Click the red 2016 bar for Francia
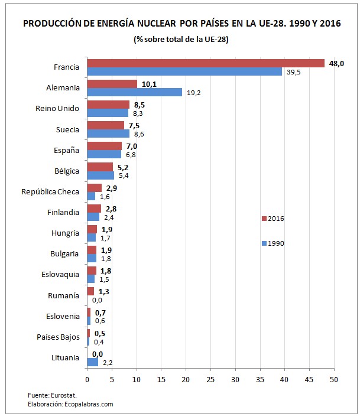(x=206, y=63)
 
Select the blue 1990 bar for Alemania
(x=134, y=92)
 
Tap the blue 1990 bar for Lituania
(x=92, y=362)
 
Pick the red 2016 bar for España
(x=104, y=146)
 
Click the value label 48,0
(x=337, y=63)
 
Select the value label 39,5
(x=294, y=71)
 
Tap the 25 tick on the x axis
(x=210, y=379)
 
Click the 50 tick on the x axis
(x=334, y=379)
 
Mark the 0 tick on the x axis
(x=87, y=379)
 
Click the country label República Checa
(x=50, y=191)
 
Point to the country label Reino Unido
(x=57, y=109)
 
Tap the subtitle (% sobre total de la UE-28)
(x=181, y=39)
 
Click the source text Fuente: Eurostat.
(x=52, y=395)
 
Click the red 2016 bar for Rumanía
(x=90, y=291)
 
